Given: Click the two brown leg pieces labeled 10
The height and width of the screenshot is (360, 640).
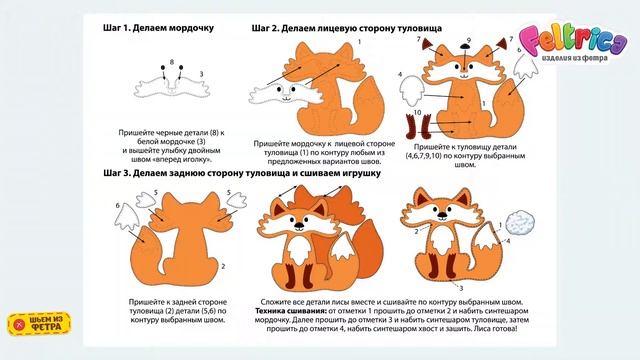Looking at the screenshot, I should pos(419,127).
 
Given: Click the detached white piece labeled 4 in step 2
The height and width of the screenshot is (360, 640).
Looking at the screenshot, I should pos(411,92).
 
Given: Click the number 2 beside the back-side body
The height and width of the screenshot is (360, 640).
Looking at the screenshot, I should pos(221,266).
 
